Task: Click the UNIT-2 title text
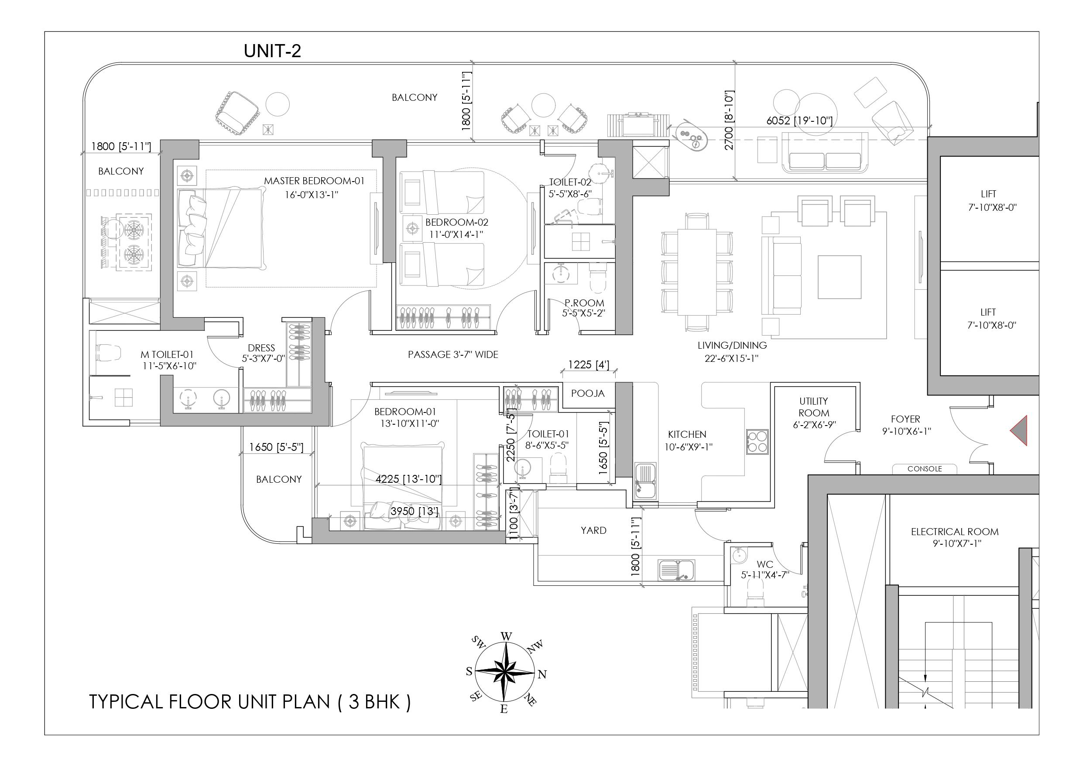pyautogui.click(x=272, y=51)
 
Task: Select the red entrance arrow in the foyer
pyautogui.click(x=1020, y=430)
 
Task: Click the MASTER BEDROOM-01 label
pyautogui.click(x=314, y=181)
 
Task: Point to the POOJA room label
pyautogui.click(x=588, y=394)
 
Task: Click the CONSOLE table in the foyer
pyautogui.click(x=925, y=469)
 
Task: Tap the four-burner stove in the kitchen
pyautogui.click(x=757, y=442)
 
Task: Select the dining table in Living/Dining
pyautogui.click(x=697, y=272)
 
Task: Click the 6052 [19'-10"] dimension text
pyautogui.click(x=799, y=121)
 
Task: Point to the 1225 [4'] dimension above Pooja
pyautogui.click(x=588, y=365)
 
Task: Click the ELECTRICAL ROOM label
pyautogui.click(x=955, y=532)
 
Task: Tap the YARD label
pyautogui.click(x=593, y=530)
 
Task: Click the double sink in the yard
pyautogui.click(x=677, y=570)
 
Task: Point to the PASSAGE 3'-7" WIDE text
pyautogui.click(x=453, y=354)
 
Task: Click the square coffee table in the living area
pyautogui.click(x=839, y=278)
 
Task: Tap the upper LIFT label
pyautogui.click(x=988, y=194)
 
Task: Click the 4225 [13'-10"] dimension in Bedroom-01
pyautogui.click(x=408, y=479)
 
